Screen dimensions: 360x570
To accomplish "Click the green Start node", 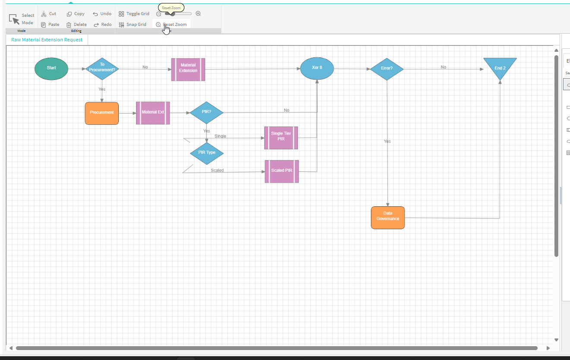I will tap(51, 69).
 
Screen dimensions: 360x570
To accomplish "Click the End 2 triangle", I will tap(500, 66).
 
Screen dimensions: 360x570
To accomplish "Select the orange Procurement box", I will tap(102, 113).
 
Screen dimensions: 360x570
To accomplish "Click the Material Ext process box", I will tap(153, 113).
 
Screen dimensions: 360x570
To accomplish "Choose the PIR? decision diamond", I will tap(206, 113).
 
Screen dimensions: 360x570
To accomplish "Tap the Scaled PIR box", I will tap(282, 171).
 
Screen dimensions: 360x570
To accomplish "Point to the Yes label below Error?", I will tap(387, 142).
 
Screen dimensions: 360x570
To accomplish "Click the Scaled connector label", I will tap(217, 171).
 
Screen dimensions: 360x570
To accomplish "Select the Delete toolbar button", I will tap(76, 25).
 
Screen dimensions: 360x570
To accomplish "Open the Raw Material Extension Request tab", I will tap(47, 40).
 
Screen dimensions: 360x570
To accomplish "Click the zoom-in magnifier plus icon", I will tap(198, 14).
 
